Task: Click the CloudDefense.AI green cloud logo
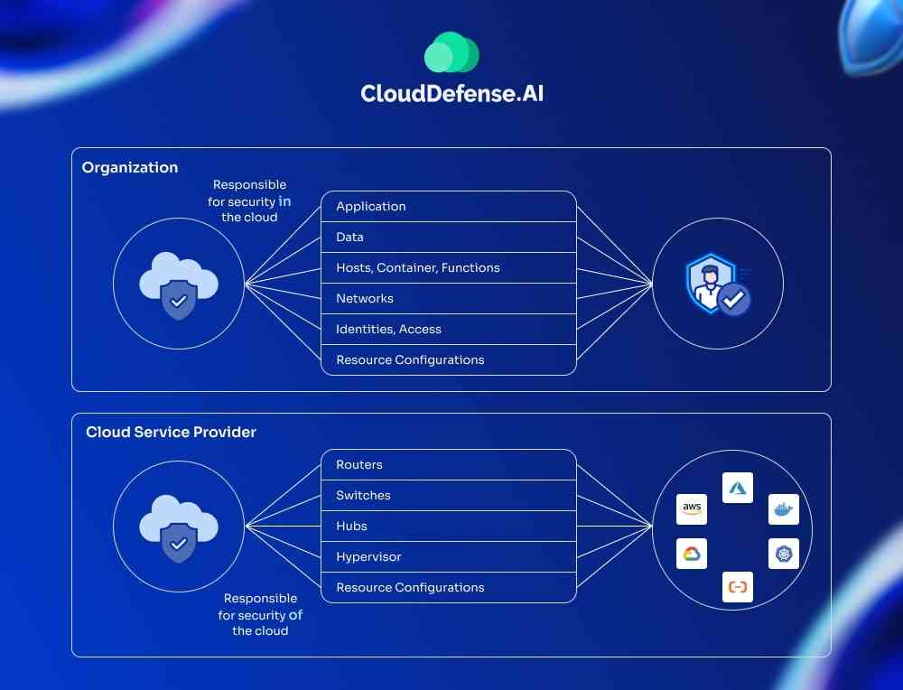(x=451, y=52)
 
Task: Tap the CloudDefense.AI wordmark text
(x=451, y=93)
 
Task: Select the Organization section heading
(x=130, y=167)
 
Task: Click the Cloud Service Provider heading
(x=171, y=432)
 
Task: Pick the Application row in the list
(x=371, y=206)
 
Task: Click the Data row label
(x=350, y=237)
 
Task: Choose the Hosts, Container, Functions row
(x=418, y=267)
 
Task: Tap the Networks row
(x=365, y=298)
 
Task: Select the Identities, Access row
(x=388, y=329)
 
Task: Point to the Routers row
(x=359, y=464)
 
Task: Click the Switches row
(x=363, y=495)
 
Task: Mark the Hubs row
(x=351, y=526)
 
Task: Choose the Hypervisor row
(x=368, y=556)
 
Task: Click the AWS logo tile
(x=692, y=508)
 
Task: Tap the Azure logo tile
(x=738, y=488)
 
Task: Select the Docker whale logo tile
(x=784, y=509)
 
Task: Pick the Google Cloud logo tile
(x=692, y=554)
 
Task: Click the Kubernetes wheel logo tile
(x=784, y=554)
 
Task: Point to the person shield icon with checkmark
(x=718, y=284)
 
